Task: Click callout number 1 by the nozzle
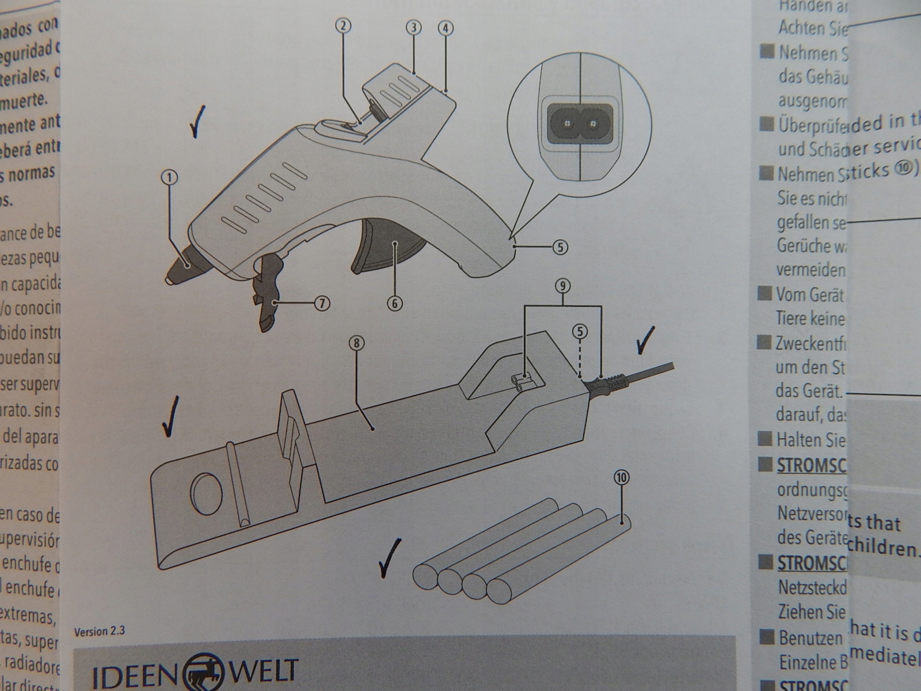pyautogui.click(x=170, y=178)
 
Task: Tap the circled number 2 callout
pyautogui.click(x=343, y=26)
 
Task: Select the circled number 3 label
pyautogui.click(x=413, y=27)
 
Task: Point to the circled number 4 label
pyautogui.click(x=446, y=27)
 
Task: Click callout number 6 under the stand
pyautogui.click(x=394, y=303)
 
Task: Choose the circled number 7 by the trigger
pyautogui.click(x=322, y=303)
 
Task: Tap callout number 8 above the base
pyautogui.click(x=356, y=343)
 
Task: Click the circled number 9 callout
pyautogui.click(x=563, y=286)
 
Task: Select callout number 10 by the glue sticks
pyautogui.click(x=622, y=477)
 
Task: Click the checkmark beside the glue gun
pyautogui.click(x=196, y=124)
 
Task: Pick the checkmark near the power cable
pyautogui.click(x=648, y=341)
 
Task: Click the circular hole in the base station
pyautogui.click(x=207, y=493)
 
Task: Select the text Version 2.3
pyautogui.click(x=100, y=632)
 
